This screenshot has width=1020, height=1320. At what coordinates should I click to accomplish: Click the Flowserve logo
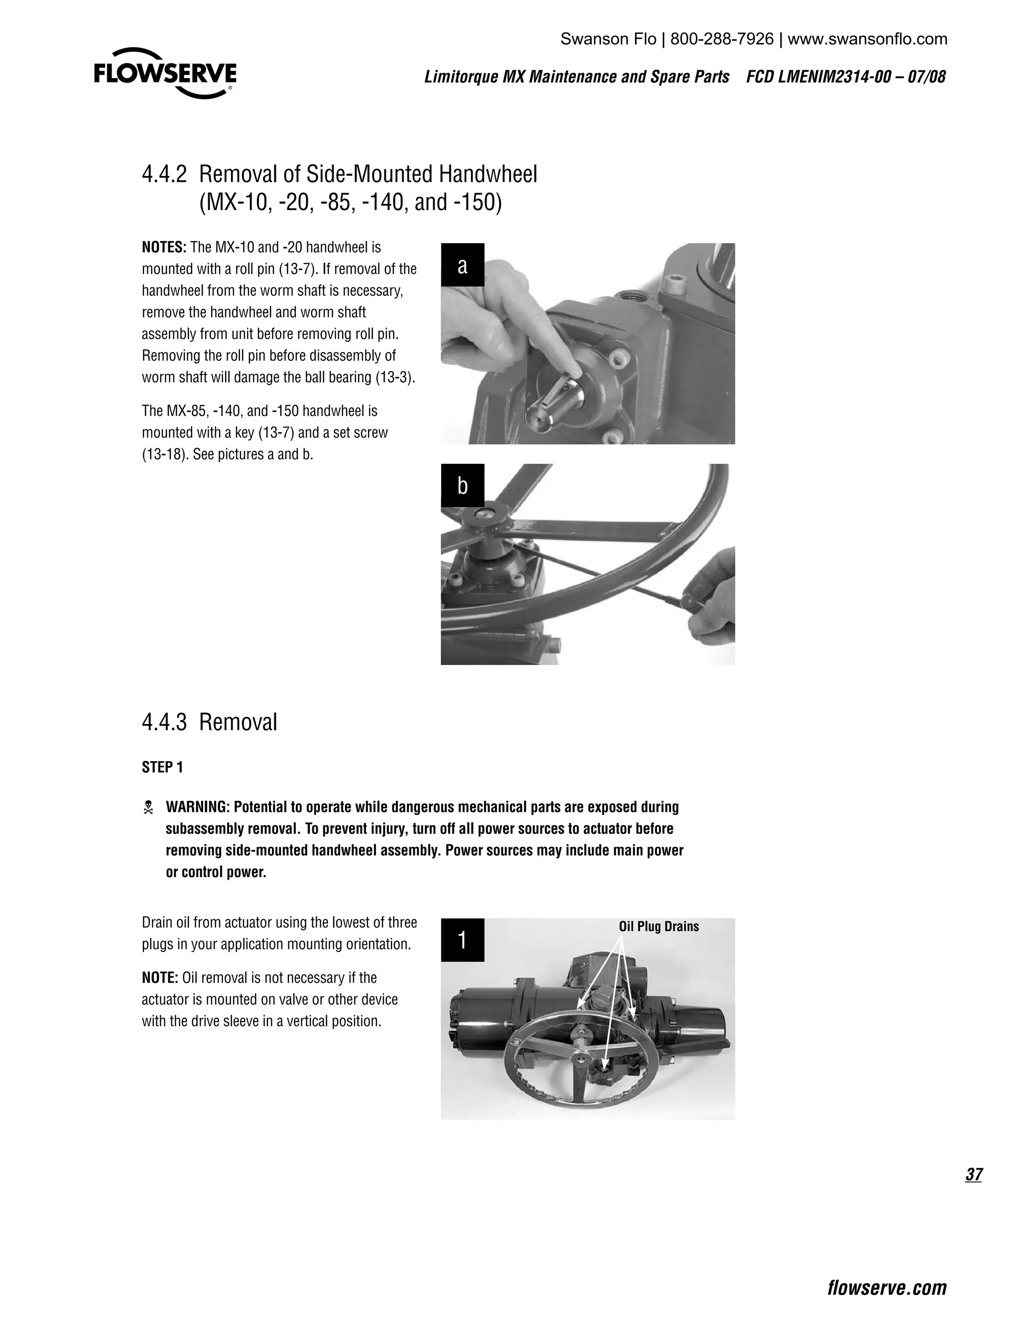165,74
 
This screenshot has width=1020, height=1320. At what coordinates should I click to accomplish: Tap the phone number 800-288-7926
722,39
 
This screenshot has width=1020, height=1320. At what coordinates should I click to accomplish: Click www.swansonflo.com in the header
867,39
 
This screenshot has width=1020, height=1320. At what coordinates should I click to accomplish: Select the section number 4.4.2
164,175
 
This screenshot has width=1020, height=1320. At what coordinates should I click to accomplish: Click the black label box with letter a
462,264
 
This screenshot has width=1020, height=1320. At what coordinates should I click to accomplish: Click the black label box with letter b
462,485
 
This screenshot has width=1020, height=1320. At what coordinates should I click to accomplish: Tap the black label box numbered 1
462,940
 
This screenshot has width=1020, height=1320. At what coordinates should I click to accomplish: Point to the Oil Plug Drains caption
658,926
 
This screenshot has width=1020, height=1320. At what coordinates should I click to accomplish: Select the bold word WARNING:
198,807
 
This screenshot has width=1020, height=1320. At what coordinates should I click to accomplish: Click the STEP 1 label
162,767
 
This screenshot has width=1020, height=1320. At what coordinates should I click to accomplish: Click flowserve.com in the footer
887,1287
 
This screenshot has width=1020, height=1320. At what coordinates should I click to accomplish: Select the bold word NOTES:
164,247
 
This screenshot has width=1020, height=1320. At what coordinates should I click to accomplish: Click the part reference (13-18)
162,454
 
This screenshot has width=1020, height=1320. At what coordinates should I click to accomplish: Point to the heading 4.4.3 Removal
209,722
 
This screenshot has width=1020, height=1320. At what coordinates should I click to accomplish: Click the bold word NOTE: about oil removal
159,977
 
